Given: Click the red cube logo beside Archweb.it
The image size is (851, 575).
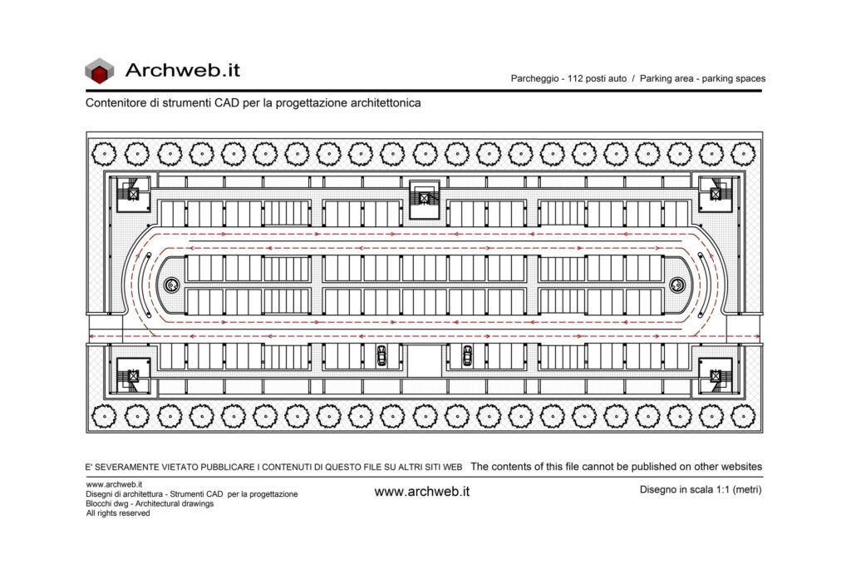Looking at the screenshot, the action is pos(100,72).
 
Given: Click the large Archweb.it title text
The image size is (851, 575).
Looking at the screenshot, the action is pos(182,70).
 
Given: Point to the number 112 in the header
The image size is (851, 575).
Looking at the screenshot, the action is pos(575,78).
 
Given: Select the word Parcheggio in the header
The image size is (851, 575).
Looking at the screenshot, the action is pos(534,78).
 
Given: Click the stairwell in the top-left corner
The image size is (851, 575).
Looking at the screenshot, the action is pos(133,193).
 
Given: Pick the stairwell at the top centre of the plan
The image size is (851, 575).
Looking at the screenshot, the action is pos(425,199).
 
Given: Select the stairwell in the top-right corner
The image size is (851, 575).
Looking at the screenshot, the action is pos(716,193).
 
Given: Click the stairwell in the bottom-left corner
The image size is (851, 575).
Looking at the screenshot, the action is pos(133,375).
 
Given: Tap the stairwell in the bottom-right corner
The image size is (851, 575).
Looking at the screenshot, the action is pos(716,375).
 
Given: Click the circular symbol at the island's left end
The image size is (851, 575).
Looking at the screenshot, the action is pos(171,285).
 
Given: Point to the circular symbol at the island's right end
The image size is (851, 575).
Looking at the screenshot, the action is pos(676,285).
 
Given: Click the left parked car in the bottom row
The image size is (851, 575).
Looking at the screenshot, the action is pos(381,355).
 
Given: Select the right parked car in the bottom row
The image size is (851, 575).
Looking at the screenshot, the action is pos(467,355).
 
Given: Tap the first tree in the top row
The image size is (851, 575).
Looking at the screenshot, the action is pos(104,154).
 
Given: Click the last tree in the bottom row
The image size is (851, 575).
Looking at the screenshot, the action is pos(743,417).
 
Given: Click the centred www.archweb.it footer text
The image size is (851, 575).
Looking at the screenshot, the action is pos(421,492).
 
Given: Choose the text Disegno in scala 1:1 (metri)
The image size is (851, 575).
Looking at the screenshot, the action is pos(701,489).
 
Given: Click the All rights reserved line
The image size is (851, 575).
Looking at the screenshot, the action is pos(118,513).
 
